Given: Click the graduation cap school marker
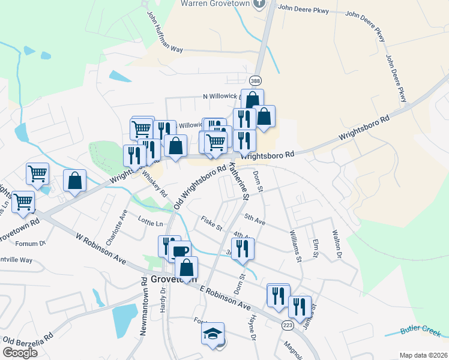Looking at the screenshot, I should [212, 334].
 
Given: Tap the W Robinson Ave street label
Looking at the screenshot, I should [101, 249].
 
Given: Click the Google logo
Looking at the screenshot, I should [20, 353].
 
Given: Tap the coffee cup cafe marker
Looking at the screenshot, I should [179, 251].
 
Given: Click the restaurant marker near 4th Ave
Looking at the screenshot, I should [243, 248].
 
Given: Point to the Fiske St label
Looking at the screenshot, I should [211, 224].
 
